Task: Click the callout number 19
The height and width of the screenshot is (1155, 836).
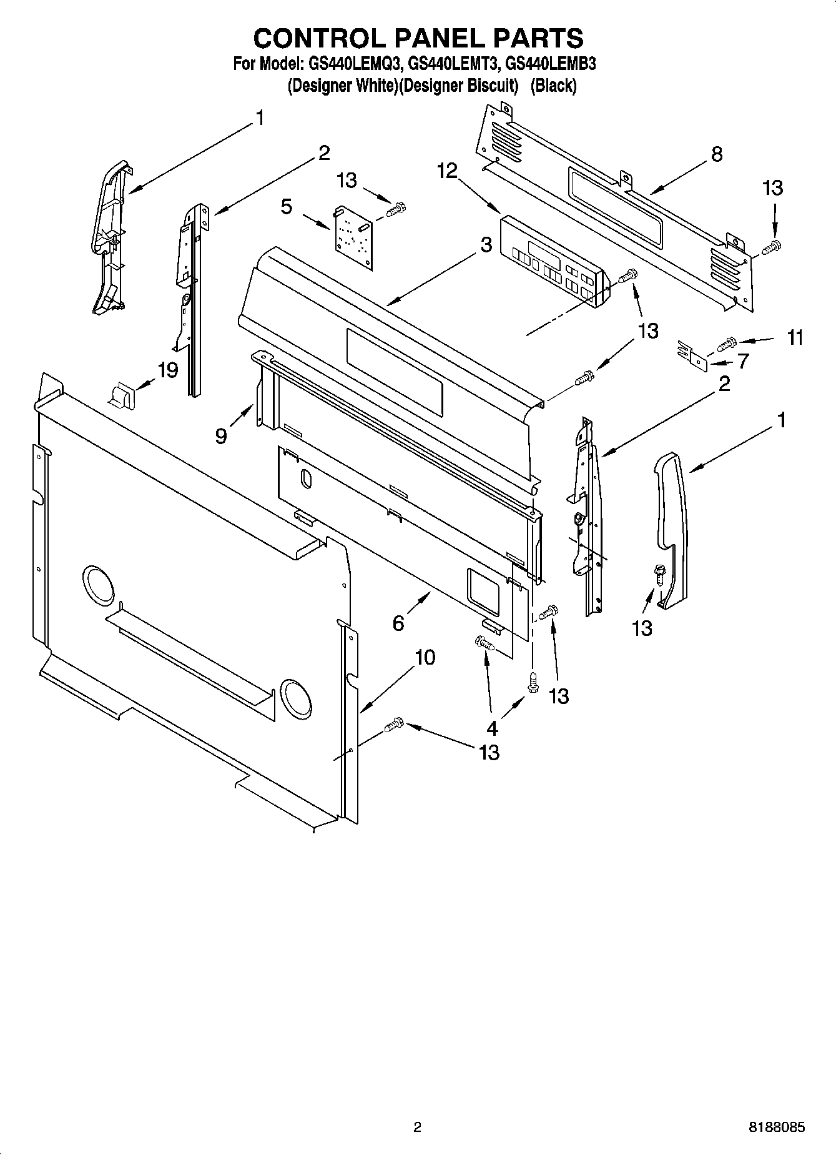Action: point(168,370)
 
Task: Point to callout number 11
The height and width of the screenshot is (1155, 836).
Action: point(794,338)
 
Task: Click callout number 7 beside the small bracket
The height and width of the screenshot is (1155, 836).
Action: point(742,361)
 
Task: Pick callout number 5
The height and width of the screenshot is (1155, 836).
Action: point(286,206)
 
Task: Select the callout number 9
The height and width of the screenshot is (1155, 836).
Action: point(221,435)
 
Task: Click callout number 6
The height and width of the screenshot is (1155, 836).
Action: point(398,622)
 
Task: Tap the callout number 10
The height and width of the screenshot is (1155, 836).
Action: point(425,657)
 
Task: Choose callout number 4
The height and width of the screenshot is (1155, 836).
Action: point(492,728)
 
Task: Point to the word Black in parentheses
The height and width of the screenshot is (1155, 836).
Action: point(553,86)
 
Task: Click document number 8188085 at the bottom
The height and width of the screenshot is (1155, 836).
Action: point(776,1128)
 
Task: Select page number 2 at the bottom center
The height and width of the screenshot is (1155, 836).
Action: point(417,1128)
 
